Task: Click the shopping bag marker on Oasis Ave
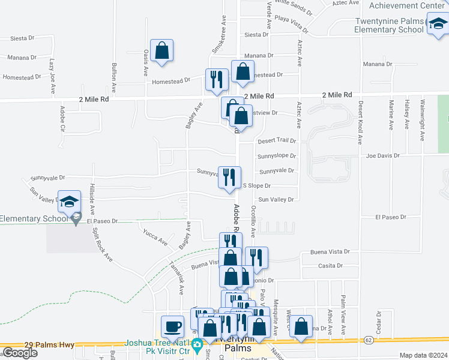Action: pos(162,51)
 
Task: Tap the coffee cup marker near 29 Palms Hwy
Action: pos(173,326)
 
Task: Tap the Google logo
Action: pos(19,353)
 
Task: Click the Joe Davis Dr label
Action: pos(384,155)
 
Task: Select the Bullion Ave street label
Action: pos(113,78)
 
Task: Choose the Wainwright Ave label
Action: pos(422,120)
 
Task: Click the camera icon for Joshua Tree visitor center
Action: pos(196,346)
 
